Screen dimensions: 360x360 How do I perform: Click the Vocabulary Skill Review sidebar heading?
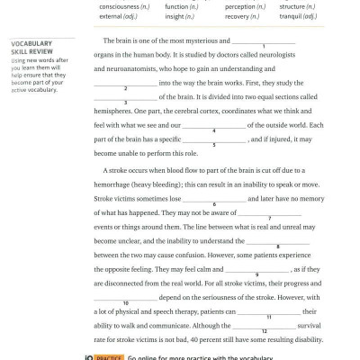(31, 48)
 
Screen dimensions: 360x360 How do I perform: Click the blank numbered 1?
(264, 40)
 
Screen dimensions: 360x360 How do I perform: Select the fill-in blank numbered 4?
(213, 125)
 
